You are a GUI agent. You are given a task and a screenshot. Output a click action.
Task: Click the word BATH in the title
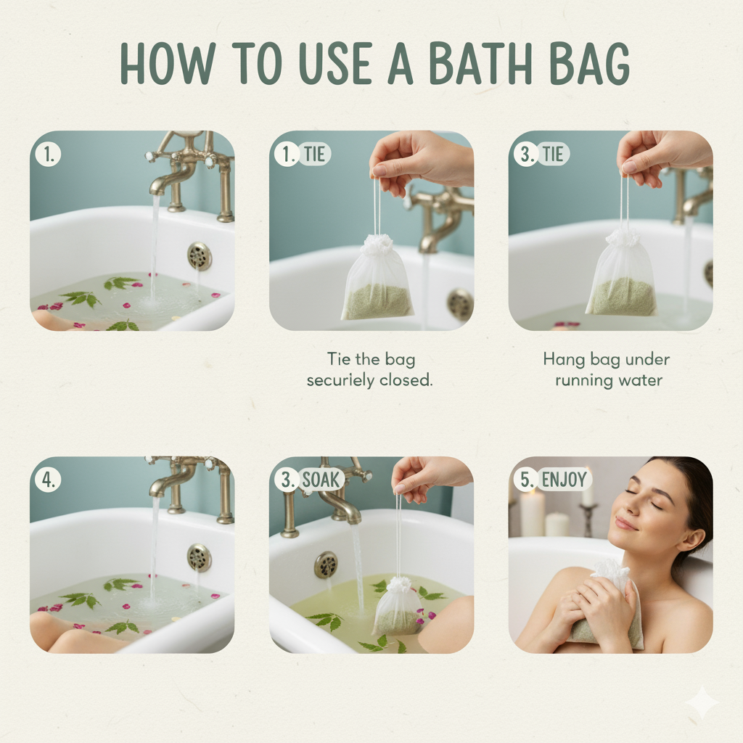pos(480,64)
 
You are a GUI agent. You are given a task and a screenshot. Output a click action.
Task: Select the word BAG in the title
pos(590,64)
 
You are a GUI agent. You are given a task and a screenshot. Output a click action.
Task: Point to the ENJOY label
pos(564,480)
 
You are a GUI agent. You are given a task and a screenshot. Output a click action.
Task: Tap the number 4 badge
pos(48,480)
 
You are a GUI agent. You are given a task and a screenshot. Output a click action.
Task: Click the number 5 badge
pos(526,480)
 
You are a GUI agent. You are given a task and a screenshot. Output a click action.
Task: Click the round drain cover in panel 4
pos(199,557)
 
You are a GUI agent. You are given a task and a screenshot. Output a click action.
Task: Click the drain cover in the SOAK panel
pos(327,565)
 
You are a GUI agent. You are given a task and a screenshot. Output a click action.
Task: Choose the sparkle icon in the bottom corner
pos(704,703)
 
